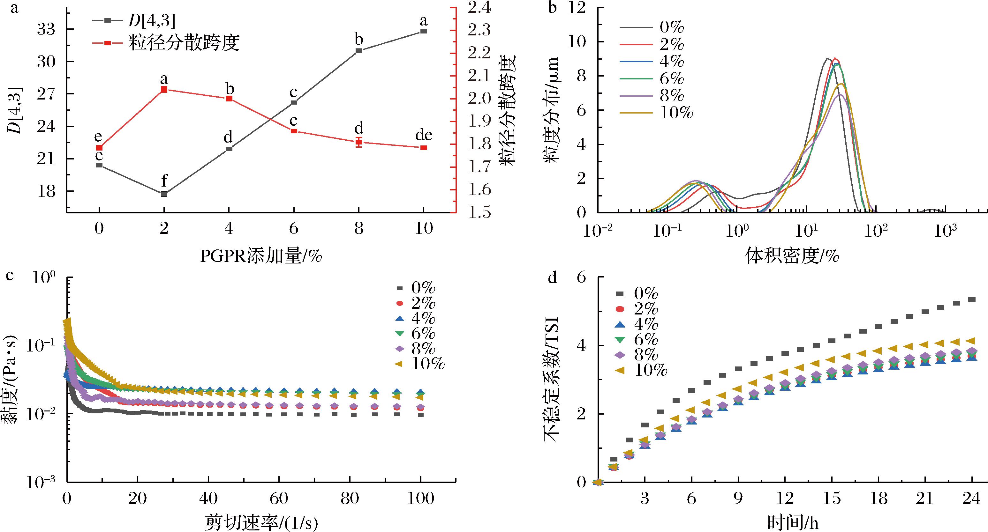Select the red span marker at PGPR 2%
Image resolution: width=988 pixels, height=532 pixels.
164,89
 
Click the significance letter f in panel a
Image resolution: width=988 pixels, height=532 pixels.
164,180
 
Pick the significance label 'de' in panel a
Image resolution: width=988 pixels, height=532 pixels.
424,135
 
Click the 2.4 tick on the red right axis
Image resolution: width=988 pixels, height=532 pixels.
478,8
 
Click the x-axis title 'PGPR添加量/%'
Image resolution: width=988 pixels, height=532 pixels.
261,256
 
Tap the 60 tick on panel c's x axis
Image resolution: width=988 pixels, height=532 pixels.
279,498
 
